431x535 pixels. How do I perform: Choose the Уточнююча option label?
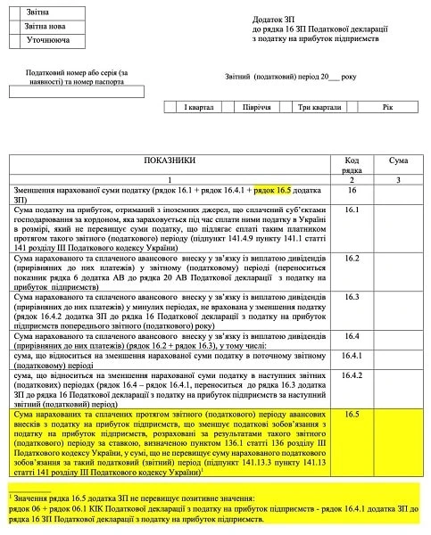[48, 42]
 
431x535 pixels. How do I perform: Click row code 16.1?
[352, 211]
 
